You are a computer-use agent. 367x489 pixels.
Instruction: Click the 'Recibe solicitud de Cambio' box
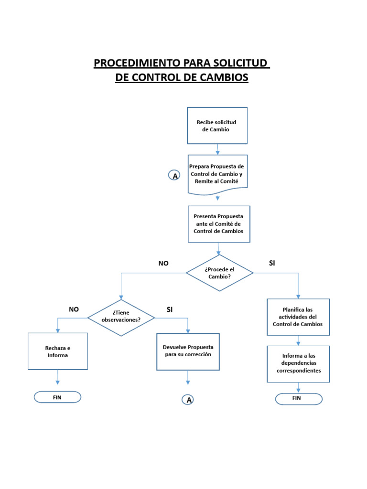pyautogui.click(x=217, y=126)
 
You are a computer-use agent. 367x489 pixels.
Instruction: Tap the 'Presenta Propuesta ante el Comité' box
pyautogui.click(x=218, y=223)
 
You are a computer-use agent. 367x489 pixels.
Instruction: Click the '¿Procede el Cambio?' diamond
pyautogui.click(x=219, y=273)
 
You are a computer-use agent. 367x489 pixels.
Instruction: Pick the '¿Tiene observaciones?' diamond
pyautogui.click(x=121, y=317)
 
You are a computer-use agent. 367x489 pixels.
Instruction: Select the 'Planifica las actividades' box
pyautogui.click(x=298, y=317)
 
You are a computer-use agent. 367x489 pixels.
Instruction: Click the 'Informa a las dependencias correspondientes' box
pyautogui.click(x=298, y=363)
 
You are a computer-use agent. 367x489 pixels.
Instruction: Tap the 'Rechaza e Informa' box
pyautogui.click(x=58, y=351)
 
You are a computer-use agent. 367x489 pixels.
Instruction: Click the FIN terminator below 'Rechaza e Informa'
pyautogui.click(x=57, y=397)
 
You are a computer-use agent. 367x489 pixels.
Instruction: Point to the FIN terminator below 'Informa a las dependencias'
pyautogui.click(x=296, y=398)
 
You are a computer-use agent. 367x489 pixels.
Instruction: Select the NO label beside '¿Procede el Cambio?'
pyautogui.click(x=163, y=263)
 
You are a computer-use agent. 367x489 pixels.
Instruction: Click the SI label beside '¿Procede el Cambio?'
pyautogui.click(x=272, y=263)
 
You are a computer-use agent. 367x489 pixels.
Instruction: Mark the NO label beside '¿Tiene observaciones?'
pyautogui.click(x=74, y=309)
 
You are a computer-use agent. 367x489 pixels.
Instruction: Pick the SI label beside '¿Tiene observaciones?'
pyautogui.click(x=169, y=309)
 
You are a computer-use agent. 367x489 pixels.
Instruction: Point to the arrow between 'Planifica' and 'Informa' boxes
pyautogui.click(x=298, y=340)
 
